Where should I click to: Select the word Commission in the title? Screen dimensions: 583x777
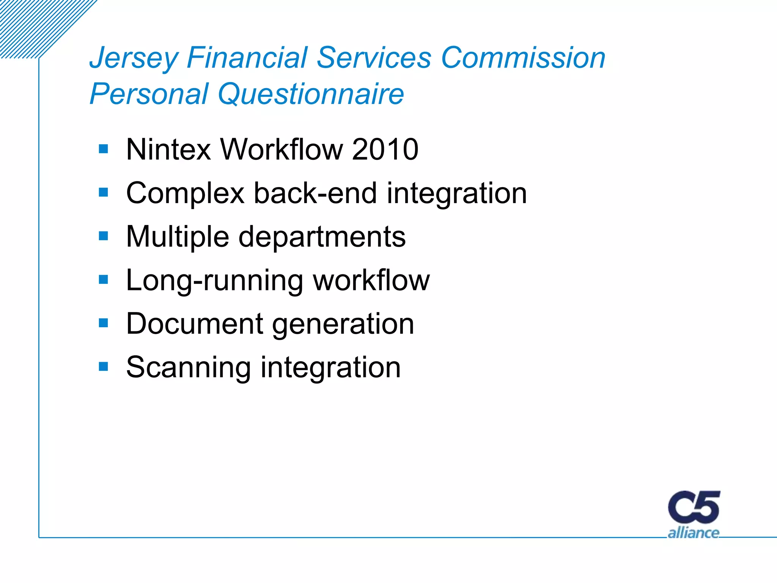523,58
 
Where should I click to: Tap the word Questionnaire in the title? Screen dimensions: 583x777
311,94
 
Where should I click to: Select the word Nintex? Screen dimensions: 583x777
168,149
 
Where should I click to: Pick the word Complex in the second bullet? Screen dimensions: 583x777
185,193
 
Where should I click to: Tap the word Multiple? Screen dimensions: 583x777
178,237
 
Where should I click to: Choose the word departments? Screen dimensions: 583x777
322,237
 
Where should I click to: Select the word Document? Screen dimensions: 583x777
195,324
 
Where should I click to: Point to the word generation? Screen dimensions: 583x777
343,324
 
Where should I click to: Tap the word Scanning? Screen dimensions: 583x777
188,367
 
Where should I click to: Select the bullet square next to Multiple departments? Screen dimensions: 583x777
103,236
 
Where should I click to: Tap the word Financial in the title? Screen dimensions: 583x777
247,58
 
